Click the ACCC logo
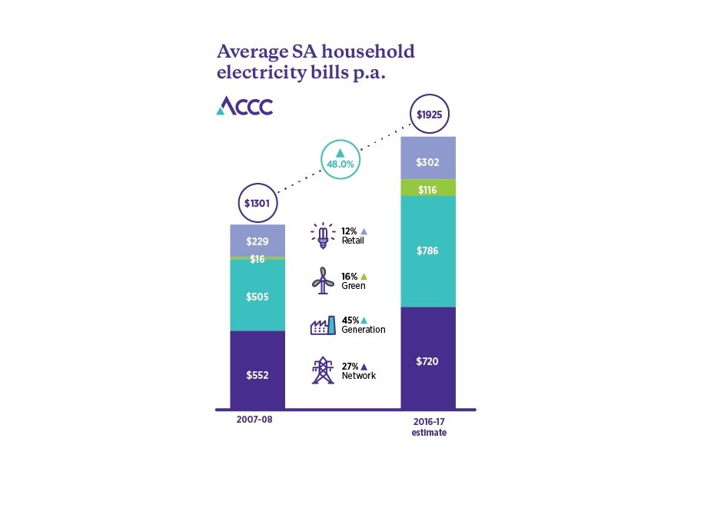tap(244, 105)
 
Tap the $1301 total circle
tap(257, 204)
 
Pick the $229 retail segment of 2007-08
tap(257, 241)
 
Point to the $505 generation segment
tap(257, 296)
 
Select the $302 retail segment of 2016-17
tap(428, 162)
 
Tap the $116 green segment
tap(428, 188)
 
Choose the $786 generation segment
tap(428, 251)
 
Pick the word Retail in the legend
tap(354, 241)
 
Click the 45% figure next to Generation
tap(350, 320)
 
